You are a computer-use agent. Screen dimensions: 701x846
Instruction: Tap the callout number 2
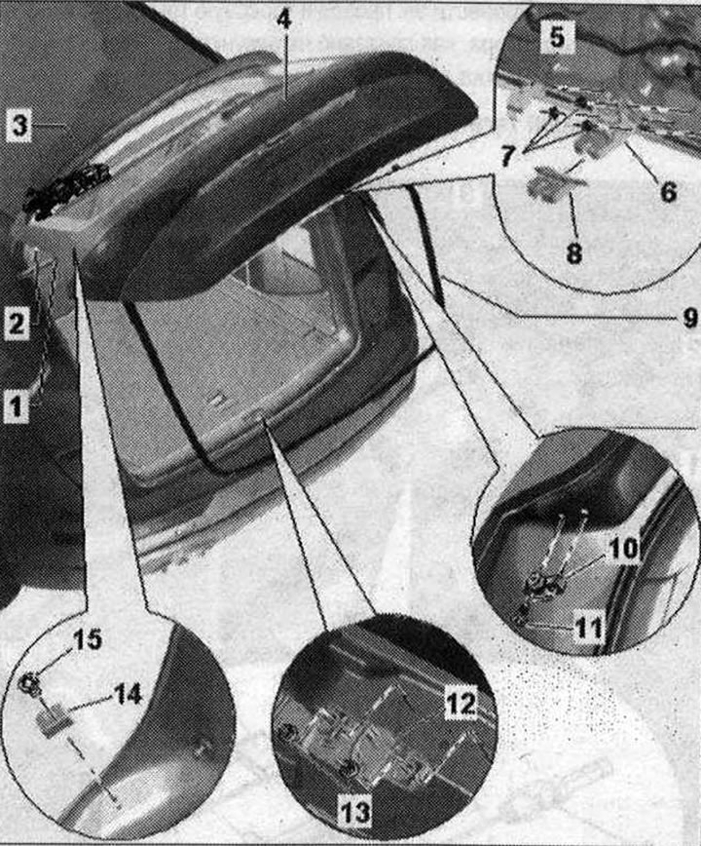[x=16, y=322]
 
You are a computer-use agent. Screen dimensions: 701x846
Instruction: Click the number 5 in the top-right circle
[x=557, y=37]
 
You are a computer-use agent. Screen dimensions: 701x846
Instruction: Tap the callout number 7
[x=507, y=155]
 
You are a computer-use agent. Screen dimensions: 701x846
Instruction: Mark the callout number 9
[x=689, y=318]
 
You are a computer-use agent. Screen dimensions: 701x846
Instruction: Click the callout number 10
[x=623, y=549]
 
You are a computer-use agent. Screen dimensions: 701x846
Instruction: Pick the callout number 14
[x=128, y=694]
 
